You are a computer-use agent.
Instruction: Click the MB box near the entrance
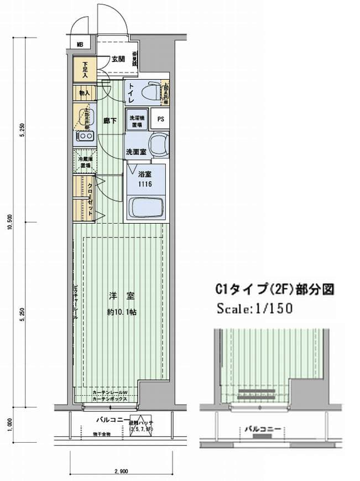[80, 44]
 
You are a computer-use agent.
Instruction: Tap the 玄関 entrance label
[117, 59]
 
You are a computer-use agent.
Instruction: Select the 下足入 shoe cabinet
[85, 70]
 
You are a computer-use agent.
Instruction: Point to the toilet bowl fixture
[151, 92]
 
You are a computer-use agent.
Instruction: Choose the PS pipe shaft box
[160, 118]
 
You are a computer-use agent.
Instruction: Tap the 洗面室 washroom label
[135, 151]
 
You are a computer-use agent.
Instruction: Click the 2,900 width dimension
[121, 471]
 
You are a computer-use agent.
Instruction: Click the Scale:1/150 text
[255, 308]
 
